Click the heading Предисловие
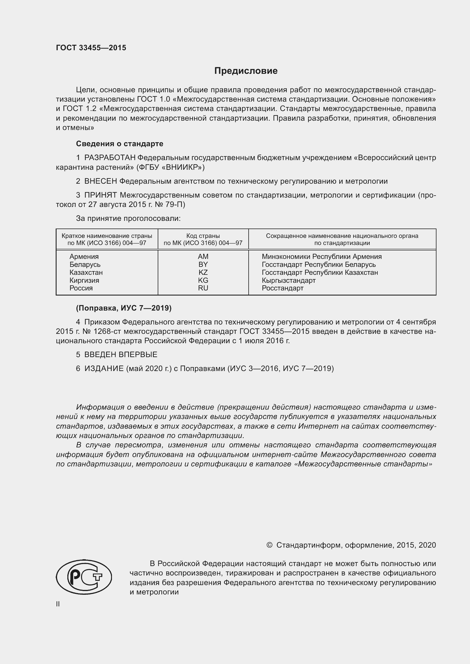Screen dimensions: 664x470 click(x=246, y=71)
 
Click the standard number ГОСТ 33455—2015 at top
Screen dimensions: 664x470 click(x=91, y=48)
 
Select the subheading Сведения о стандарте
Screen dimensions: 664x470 click(x=120, y=144)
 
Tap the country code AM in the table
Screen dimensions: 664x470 click(x=203, y=257)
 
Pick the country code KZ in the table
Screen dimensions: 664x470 click(x=203, y=273)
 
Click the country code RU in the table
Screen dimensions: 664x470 click(x=203, y=288)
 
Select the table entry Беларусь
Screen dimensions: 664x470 click(x=85, y=265)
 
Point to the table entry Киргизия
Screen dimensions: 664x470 click(x=84, y=280)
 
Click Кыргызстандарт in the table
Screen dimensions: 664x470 click(x=288, y=280)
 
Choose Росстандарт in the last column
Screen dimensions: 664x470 click(x=282, y=288)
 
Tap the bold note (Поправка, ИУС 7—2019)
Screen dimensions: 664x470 click(x=124, y=308)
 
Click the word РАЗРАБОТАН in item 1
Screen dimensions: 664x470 click(x=110, y=158)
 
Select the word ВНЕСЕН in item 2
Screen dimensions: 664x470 click(x=100, y=181)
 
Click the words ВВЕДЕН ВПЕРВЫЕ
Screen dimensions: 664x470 click(x=121, y=355)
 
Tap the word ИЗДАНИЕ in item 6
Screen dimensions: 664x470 click(x=104, y=368)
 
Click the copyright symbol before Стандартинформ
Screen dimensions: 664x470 click(x=269, y=545)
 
